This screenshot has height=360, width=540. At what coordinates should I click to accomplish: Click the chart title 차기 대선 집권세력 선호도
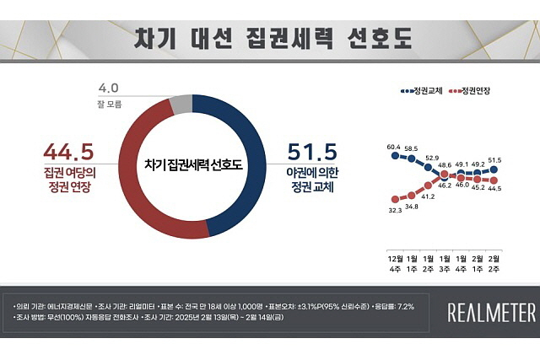pyautogui.click(x=269, y=40)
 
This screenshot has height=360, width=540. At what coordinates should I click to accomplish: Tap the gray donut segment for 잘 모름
pyautogui.click(x=180, y=105)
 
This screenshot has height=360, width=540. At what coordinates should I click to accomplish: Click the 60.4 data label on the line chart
pyautogui.click(x=393, y=147)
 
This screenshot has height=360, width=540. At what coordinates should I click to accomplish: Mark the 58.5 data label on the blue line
pyautogui.click(x=411, y=149)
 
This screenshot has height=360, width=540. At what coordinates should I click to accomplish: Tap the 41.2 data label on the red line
pyautogui.click(x=428, y=196)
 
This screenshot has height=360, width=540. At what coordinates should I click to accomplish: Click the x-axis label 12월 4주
pyautogui.click(x=394, y=261)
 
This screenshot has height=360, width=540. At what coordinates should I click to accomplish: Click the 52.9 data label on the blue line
pyautogui.click(x=431, y=158)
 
